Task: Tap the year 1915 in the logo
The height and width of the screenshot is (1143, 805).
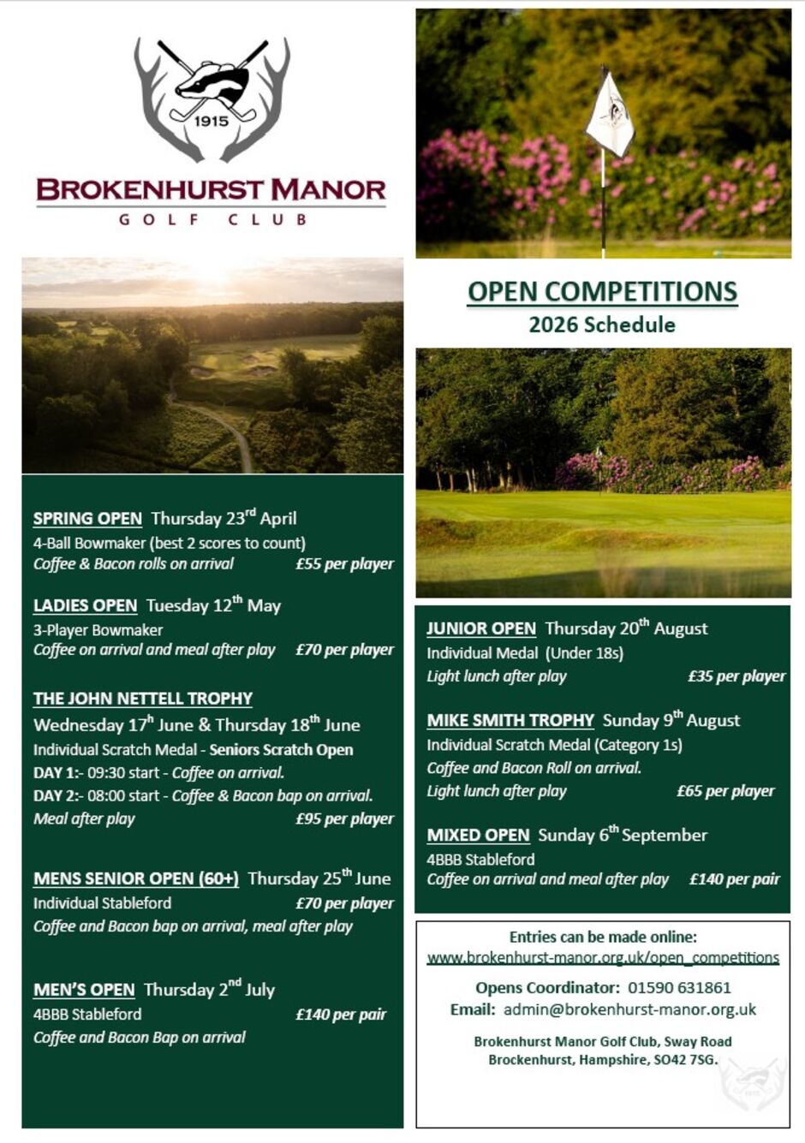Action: coord(212,121)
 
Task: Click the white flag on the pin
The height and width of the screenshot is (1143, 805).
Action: coord(610,113)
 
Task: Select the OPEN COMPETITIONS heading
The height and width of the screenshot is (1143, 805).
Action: coord(602,292)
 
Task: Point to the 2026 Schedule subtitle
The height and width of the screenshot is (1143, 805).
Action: coord(602,324)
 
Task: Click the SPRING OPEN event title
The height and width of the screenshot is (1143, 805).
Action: coord(87,519)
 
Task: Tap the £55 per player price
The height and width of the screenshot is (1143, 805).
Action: coord(344,564)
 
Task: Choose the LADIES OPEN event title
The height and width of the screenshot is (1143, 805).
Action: coord(85,606)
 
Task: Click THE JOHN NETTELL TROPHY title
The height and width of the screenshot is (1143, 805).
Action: coord(143,699)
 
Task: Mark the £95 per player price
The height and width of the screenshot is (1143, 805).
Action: coord(344,819)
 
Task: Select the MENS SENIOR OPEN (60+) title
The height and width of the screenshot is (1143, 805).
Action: coord(136,878)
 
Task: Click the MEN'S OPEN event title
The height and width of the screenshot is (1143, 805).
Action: coord(84,990)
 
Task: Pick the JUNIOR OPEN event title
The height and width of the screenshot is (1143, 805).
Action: coord(481,628)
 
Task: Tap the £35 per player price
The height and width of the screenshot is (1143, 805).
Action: coord(736,676)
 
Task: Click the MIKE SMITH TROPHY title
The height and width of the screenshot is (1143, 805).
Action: coord(510,721)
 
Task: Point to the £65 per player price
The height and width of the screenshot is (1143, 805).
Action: coord(725,791)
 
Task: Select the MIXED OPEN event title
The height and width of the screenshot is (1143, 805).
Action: coord(479,836)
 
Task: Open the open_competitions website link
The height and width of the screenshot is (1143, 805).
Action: coord(603,958)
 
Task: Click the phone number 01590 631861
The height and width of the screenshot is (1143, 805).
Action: coord(679,987)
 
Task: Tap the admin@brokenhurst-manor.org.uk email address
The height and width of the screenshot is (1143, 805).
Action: coord(629,1009)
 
